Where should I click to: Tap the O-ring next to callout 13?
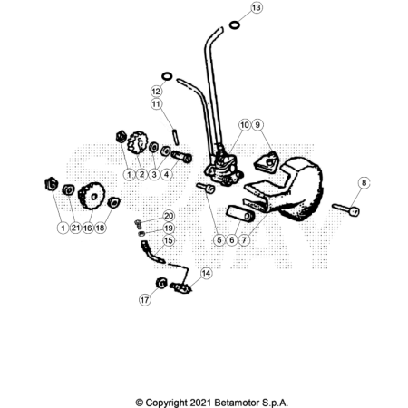(236, 24)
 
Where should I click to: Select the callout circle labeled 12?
(156, 92)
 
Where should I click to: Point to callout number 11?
(156, 104)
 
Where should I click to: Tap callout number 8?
(364, 183)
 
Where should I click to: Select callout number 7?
(246, 239)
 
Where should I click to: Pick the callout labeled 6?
(232, 239)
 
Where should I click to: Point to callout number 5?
(219, 239)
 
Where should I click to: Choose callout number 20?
(169, 215)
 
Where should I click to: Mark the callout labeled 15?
(169, 241)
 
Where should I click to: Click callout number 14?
(206, 272)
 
